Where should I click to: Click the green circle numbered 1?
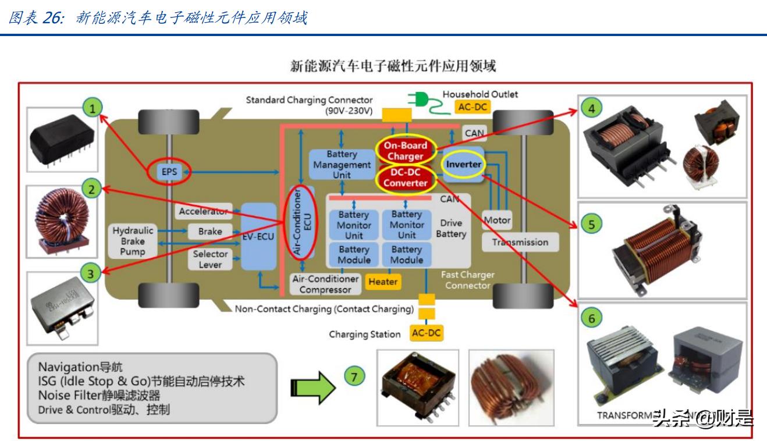click(93, 106)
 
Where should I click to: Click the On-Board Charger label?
click(405, 151)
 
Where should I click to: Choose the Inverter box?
click(464, 165)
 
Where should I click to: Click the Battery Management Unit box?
click(341, 165)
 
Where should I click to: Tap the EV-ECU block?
click(258, 237)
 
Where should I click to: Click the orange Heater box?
click(383, 282)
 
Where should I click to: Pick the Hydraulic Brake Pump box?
click(133, 241)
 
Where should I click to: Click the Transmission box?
click(520, 242)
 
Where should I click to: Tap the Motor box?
click(497, 221)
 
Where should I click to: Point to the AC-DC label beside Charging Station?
click(426, 333)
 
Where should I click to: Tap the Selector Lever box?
click(210, 259)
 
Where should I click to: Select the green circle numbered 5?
click(592, 225)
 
